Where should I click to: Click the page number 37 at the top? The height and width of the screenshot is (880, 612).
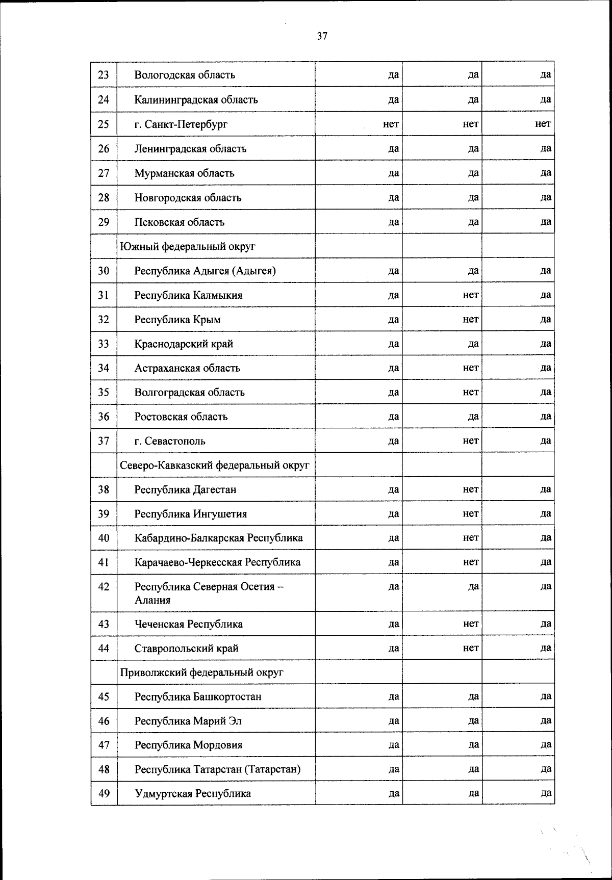322,36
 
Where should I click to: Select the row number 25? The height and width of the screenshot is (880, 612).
104,124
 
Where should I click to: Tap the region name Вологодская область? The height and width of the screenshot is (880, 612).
185,75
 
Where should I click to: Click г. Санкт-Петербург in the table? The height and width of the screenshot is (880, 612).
181,124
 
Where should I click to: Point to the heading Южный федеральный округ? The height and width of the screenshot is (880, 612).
188,246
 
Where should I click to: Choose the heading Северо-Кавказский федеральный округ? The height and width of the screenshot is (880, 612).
215,465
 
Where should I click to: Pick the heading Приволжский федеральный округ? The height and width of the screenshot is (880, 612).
201,672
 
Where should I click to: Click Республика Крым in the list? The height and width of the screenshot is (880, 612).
177,320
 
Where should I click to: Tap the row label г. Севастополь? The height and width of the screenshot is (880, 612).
170,441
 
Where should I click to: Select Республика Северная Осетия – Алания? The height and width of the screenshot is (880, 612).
209,593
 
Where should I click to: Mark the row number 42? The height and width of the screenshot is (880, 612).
104,587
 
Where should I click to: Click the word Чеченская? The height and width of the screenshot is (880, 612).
160,624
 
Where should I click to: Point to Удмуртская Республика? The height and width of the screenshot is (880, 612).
193,793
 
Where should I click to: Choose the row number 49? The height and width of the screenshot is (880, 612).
104,793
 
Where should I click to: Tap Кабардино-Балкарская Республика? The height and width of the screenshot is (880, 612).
218,538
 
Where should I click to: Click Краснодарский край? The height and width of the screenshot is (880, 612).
184,344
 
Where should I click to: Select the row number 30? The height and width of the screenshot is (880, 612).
104,271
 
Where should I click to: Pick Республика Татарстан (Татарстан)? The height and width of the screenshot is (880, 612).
217,769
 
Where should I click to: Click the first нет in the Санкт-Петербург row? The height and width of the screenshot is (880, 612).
391,124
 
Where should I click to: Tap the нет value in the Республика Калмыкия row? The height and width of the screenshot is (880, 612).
471,295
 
